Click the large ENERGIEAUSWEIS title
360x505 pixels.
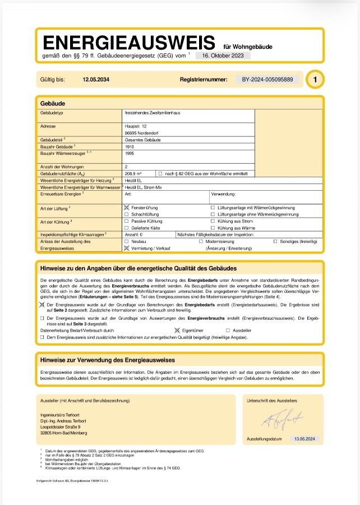(128, 42)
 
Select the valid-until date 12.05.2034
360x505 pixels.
(96, 80)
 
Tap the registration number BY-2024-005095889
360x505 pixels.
(267, 80)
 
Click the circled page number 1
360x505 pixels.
(315, 80)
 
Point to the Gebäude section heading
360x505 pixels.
(53, 104)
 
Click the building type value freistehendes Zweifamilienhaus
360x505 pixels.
(152, 113)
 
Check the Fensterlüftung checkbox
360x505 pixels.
(127, 208)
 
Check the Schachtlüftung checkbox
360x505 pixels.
(127, 214)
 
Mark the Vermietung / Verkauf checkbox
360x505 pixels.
(127, 247)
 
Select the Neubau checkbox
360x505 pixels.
(127, 241)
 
